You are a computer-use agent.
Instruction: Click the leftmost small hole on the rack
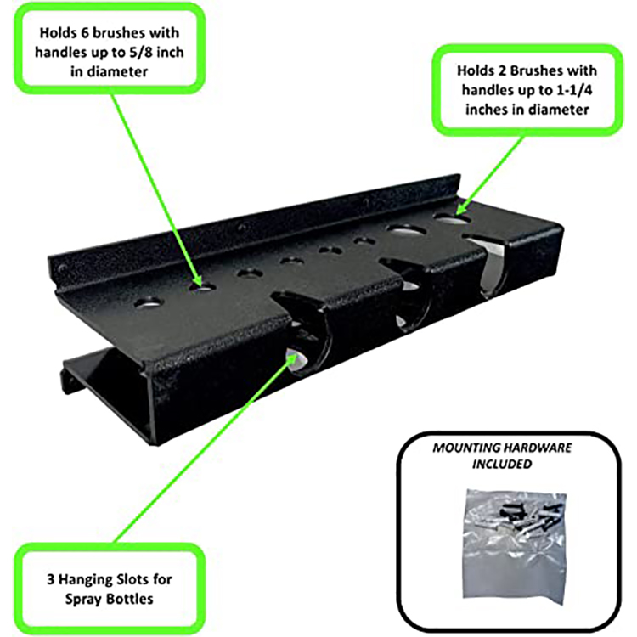point(149,301)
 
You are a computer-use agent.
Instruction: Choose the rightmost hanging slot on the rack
point(490,263)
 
